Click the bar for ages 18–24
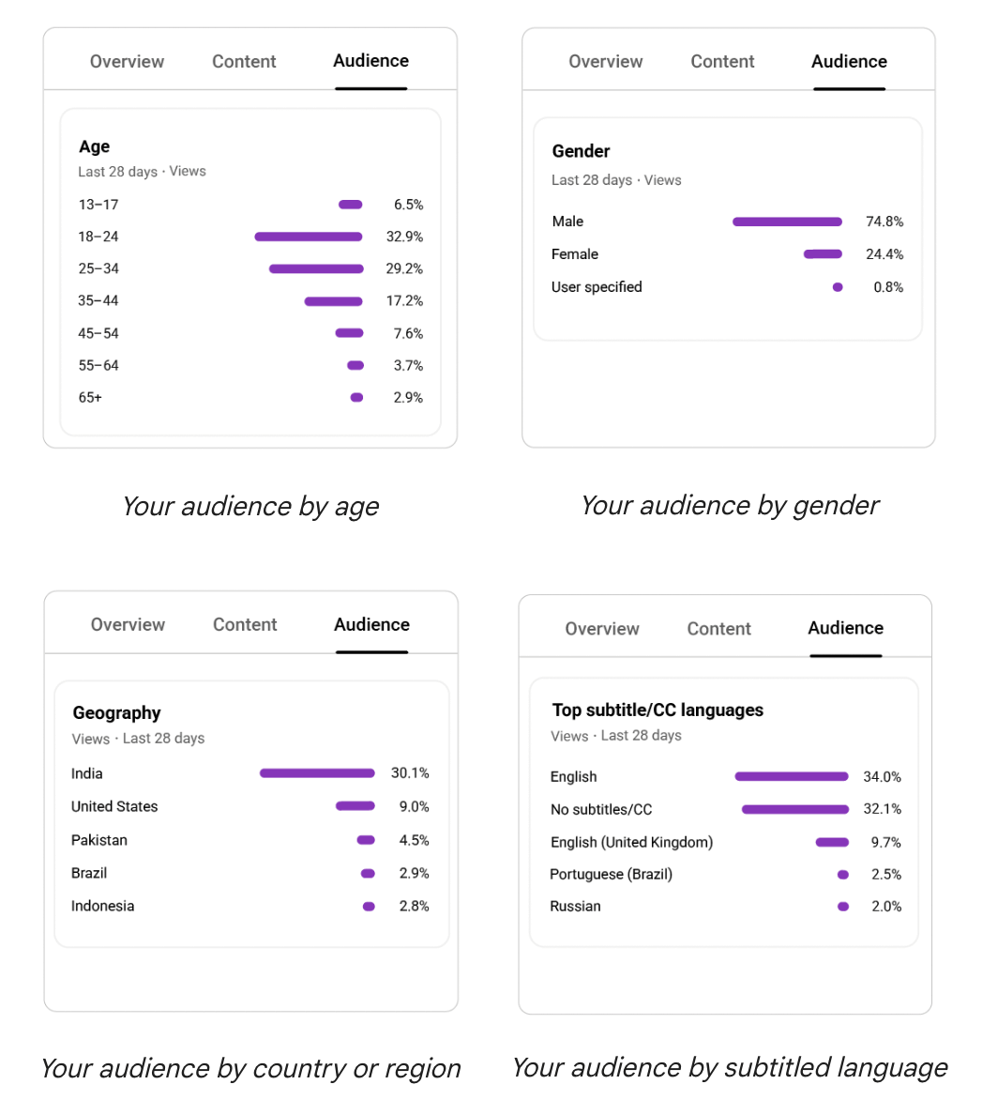pos(308,237)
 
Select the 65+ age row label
pos(90,398)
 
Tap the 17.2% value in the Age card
pos(404,301)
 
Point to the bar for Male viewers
pos(787,222)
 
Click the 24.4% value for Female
pos(884,254)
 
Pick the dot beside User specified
pos(838,287)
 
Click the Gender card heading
pos(581,151)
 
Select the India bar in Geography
pos(317,773)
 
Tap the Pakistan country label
pos(99,840)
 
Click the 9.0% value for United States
pos(414,806)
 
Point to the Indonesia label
pos(102,906)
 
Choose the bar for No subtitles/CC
pos(794,809)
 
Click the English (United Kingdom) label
pos(631,842)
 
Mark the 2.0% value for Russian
pos(885,907)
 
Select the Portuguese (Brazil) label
pos(611,874)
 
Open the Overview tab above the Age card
pos(127,62)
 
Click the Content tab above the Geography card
pos(245,625)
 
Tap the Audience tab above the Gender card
pos(849,62)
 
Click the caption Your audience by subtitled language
pos(729,1067)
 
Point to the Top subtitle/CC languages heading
pos(658,710)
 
